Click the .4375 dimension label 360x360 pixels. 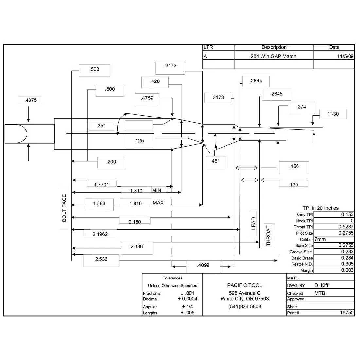pyautogui.click(x=30, y=100)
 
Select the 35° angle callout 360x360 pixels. pyautogui.click(x=101, y=126)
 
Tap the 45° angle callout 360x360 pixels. pyautogui.click(x=215, y=161)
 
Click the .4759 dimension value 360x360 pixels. pyautogui.click(x=147, y=98)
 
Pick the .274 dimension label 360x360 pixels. pyautogui.click(x=301, y=107)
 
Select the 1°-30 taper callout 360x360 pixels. pyautogui.click(x=333, y=114)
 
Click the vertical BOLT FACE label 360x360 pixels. pyautogui.click(x=64, y=208)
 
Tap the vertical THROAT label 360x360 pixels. pyautogui.click(x=268, y=236)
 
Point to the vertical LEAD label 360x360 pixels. pyautogui.click(x=253, y=224)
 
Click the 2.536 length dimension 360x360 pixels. pyautogui.click(x=101, y=259)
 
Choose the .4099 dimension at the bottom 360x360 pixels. pyautogui.click(x=203, y=265)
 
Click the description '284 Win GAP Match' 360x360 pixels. pyautogui.click(x=273, y=56)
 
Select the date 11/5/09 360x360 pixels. pyautogui.click(x=345, y=56)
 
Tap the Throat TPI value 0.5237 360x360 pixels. pyautogui.click(x=346, y=227)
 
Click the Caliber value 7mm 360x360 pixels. pyautogui.click(x=320, y=239)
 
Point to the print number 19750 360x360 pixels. pyautogui.click(x=347, y=313)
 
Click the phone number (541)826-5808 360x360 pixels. pyautogui.click(x=244, y=307)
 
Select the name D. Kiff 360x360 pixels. pyautogui.click(x=321, y=285)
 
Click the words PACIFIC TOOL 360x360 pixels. pyautogui.click(x=244, y=285)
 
